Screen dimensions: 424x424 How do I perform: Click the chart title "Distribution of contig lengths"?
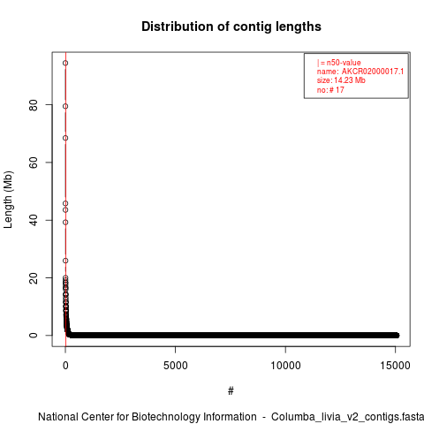pos(231,26)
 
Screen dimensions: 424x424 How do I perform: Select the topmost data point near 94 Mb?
pos(65,63)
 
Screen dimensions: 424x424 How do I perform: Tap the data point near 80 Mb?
pos(65,106)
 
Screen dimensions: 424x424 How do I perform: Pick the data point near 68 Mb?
pos(65,138)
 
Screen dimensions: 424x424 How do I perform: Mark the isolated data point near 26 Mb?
pos(65,261)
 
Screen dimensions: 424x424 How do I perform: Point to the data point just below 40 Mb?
pos(65,223)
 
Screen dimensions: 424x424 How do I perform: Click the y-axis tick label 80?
pos(34,105)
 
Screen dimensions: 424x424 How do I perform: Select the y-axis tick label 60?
pos(34,163)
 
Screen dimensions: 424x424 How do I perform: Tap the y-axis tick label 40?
pos(34,220)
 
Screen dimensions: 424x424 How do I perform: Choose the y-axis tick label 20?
pos(34,277)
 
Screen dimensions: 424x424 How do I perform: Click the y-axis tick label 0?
pos(34,335)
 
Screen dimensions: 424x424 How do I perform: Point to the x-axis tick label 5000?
pos(176,366)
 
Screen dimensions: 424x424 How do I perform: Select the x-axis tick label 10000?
pos(285,366)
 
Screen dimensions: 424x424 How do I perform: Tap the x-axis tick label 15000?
pos(396,366)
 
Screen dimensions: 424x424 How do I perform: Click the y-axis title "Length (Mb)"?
pos(8,200)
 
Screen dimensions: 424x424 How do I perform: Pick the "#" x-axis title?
pos(231,391)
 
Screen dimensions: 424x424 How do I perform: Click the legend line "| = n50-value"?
pos(339,63)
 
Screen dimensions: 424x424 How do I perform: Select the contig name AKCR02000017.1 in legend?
pos(373,72)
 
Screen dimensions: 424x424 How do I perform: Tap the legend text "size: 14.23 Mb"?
pos(341,80)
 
